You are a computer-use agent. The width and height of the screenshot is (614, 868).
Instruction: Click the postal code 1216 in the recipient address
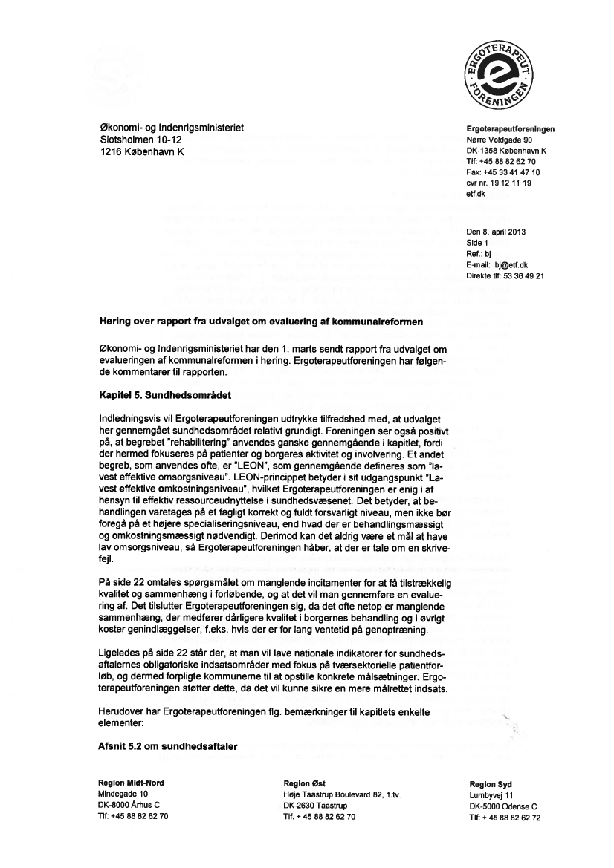tap(112, 152)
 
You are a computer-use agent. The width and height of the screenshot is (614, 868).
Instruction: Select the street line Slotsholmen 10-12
tap(141, 140)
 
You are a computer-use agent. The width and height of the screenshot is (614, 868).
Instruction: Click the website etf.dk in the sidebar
tap(476, 194)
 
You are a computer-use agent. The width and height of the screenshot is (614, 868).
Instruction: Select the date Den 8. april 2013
tap(497, 232)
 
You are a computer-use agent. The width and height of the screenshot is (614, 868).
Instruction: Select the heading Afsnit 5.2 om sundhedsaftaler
tap(168, 746)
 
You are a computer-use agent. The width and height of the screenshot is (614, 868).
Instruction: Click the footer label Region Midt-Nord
tap(132, 783)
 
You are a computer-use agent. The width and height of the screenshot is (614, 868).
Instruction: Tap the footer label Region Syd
tap(491, 784)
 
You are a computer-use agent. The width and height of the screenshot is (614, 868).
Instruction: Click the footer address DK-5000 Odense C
tap(503, 806)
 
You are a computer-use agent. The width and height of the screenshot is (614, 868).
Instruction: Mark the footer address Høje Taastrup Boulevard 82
tap(333, 794)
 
